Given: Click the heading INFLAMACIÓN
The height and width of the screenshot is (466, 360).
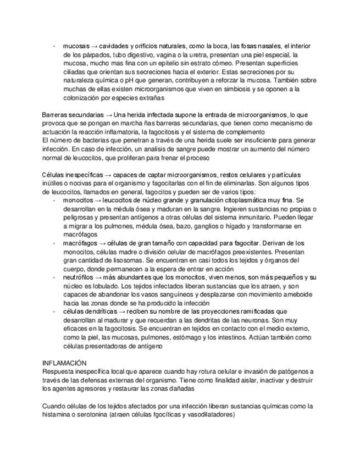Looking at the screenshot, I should [64, 363].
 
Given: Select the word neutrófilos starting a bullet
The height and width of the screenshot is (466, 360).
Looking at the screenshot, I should [78, 278].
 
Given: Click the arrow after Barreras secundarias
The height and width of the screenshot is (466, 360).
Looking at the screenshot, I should [109, 115].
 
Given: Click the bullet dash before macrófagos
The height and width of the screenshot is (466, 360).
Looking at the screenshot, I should [54, 243].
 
